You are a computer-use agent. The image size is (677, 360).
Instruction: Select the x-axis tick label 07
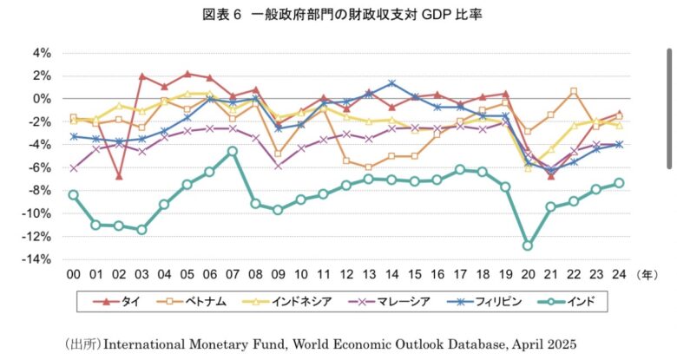[x=233, y=274]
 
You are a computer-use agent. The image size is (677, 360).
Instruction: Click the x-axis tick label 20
[x=527, y=274]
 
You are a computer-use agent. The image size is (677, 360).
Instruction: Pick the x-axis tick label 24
[x=618, y=274]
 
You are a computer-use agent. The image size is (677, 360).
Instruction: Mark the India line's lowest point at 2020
[x=527, y=245]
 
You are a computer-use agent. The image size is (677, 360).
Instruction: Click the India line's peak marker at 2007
[x=233, y=151]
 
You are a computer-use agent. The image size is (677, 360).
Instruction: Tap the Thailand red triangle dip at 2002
[x=119, y=176]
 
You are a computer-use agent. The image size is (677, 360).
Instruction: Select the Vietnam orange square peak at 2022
[x=573, y=91]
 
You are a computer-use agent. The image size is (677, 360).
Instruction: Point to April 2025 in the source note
[x=536, y=343]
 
